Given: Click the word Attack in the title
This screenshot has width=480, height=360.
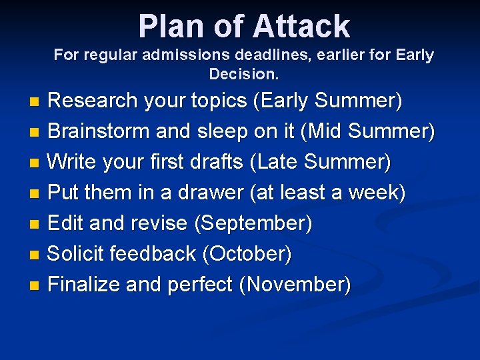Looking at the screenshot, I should [x=301, y=27].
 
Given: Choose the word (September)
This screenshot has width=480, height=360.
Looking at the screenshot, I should [x=253, y=223].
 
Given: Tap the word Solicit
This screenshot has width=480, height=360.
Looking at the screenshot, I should [x=76, y=254].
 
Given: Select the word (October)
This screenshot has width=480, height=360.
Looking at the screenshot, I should [x=247, y=254].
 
